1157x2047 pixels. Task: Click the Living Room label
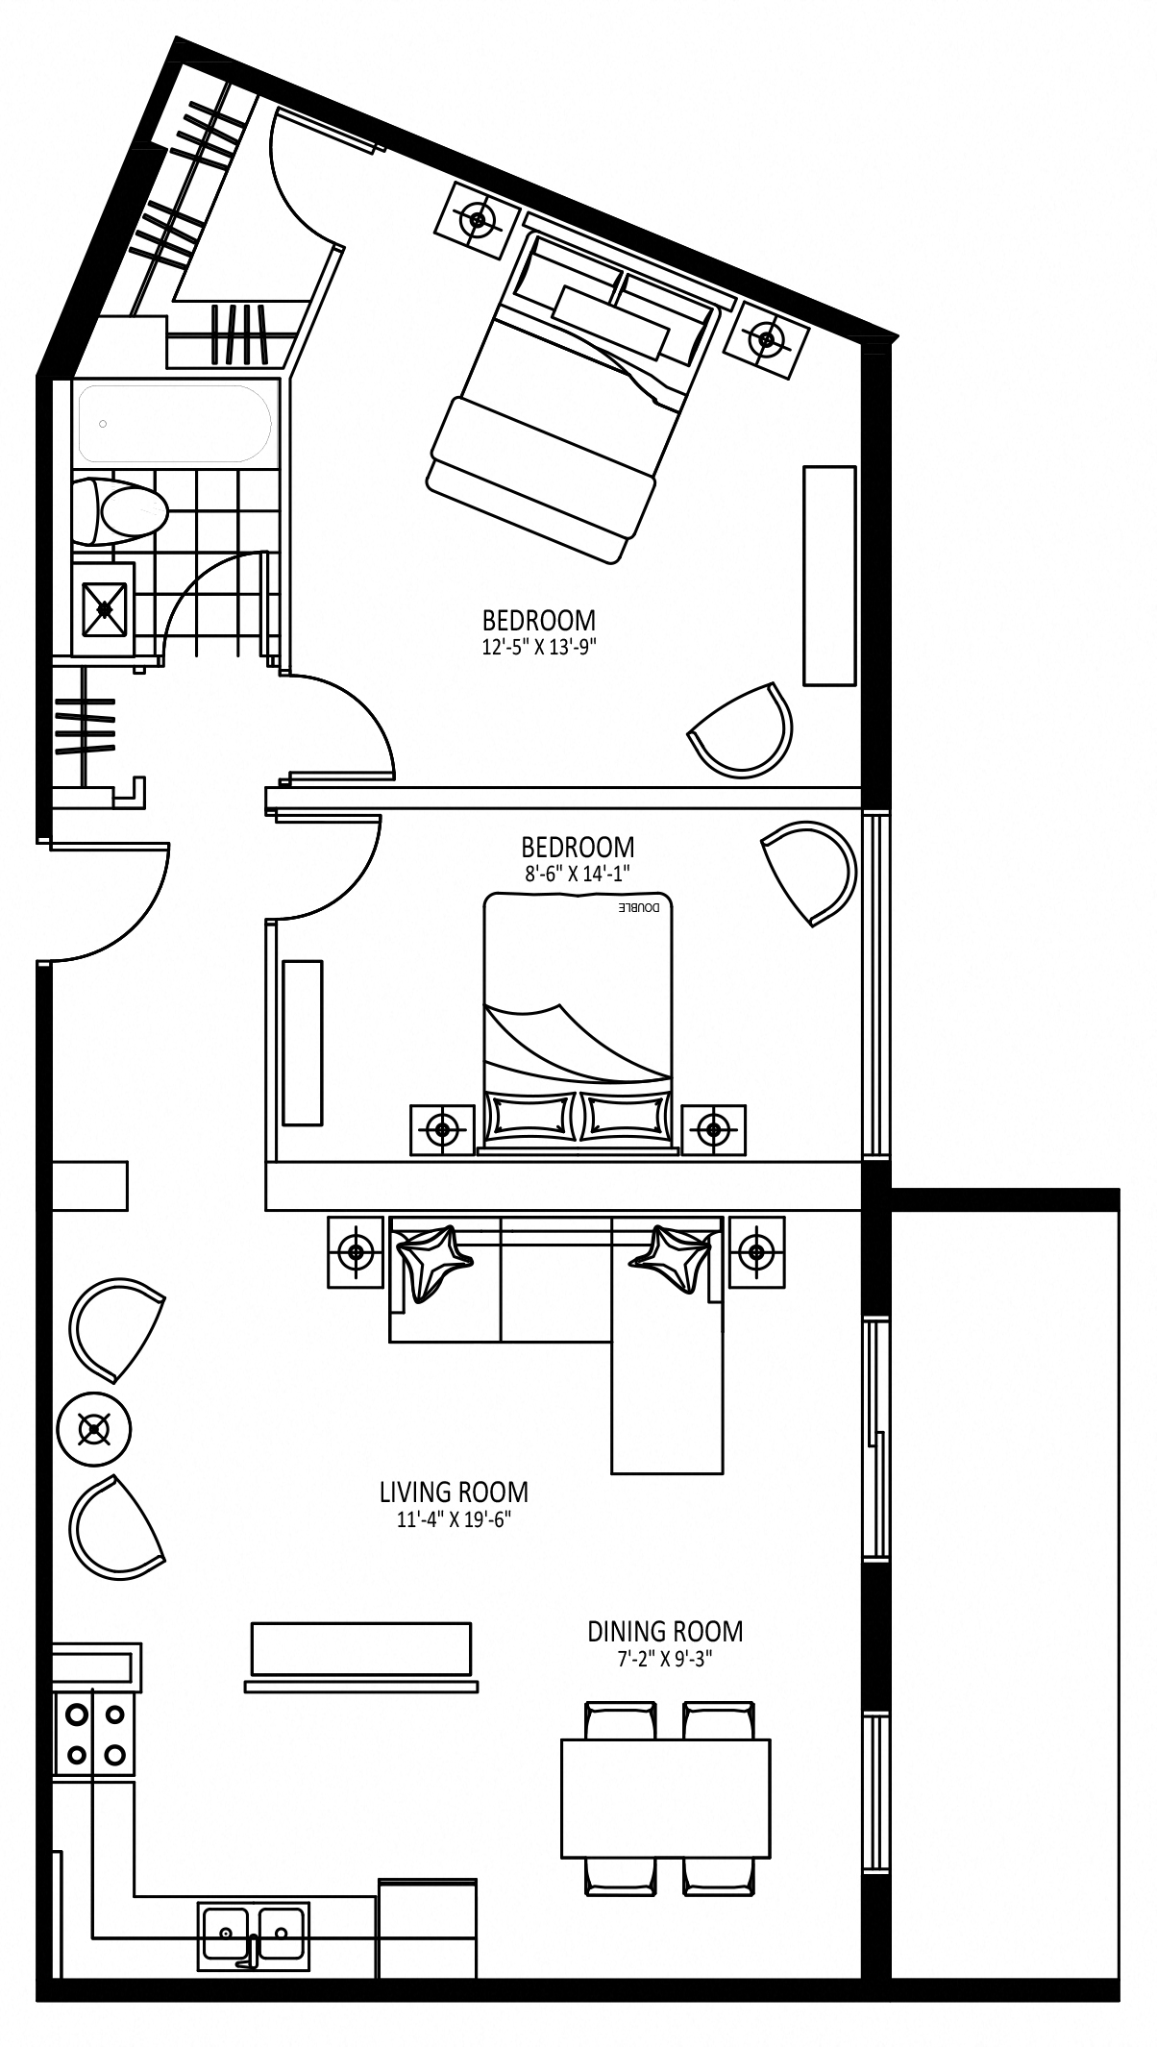tap(454, 1492)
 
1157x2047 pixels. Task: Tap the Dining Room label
tap(665, 1632)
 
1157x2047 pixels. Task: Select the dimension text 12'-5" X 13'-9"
tap(539, 647)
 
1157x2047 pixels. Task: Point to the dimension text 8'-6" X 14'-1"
tap(578, 873)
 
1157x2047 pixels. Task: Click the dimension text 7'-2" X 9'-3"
tap(665, 1658)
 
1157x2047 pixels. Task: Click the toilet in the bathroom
tap(121, 510)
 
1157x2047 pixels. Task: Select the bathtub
tap(176, 423)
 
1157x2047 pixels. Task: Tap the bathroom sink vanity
tap(104, 607)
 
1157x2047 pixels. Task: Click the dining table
tap(666, 1798)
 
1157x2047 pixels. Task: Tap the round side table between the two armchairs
tap(94, 1429)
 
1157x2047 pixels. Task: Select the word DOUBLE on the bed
tap(637, 908)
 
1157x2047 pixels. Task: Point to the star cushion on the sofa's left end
tap(432, 1262)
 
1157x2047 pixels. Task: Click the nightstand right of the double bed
tap(713, 1129)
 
